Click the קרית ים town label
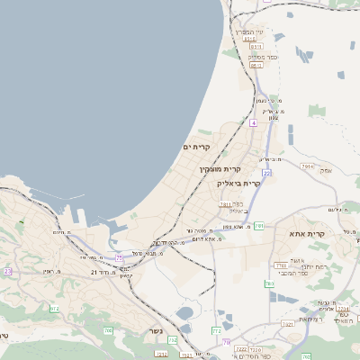click(x=195, y=147)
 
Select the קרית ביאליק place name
click(x=239, y=183)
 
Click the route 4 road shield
click(x=254, y=122)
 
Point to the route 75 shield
click(x=120, y=258)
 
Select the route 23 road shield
click(x=8, y=270)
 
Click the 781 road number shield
click(x=258, y=226)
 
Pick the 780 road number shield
click(x=269, y=284)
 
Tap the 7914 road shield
click(x=308, y=166)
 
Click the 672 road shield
click(x=54, y=309)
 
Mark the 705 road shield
click(x=108, y=330)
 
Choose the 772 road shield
click(x=216, y=331)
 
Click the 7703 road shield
click(x=280, y=265)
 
